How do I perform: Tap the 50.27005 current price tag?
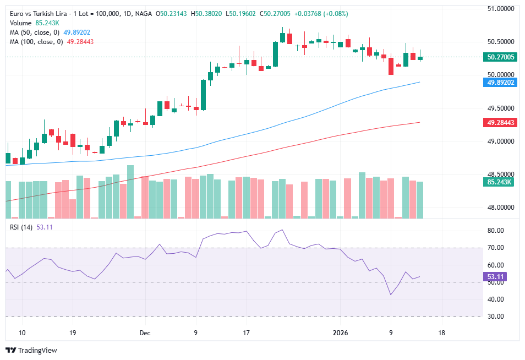(x=501, y=57)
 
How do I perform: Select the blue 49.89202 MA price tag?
(x=501, y=83)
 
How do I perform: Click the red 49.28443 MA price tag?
(x=501, y=123)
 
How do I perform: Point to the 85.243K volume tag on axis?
(x=501, y=182)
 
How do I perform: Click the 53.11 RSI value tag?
(x=497, y=277)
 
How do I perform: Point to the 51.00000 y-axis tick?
(x=501, y=9)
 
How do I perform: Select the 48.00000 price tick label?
(x=501, y=208)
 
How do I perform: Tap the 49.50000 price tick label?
(x=501, y=108)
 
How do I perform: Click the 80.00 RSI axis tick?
(x=497, y=231)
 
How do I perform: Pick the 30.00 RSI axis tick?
(x=497, y=317)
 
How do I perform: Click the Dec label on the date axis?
(x=145, y=333)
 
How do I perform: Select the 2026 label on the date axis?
(x=341, y=333)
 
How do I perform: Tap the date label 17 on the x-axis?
(x=247, y=333)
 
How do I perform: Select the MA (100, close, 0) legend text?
(x=36, y=41)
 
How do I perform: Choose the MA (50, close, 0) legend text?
(x=34, y=32)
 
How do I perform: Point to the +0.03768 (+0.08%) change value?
(x=309, y=13)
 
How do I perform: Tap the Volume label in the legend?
(x=21, y=23)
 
